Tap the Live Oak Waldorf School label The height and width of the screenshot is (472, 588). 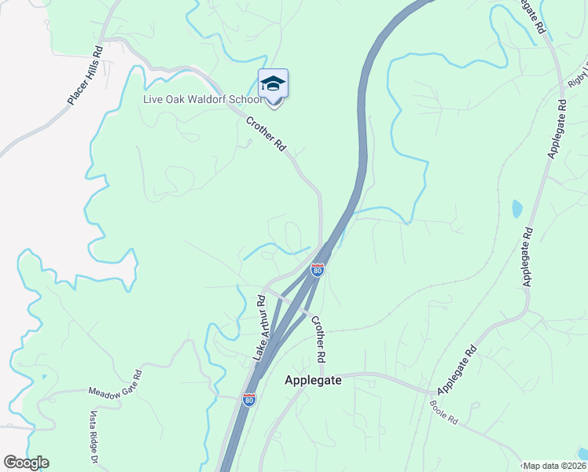click(x=202, y=100)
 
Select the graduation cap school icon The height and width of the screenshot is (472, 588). click(x=273, y=83)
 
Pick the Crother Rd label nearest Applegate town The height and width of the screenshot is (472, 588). click(x=318, y=339)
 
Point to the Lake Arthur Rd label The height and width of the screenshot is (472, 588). click(x=259, y=328)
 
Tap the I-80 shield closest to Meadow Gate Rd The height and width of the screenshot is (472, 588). click(x=249, y=400)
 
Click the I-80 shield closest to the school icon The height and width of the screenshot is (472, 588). click(x=317, y=270)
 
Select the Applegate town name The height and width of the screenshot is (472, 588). click(x=312, y=380)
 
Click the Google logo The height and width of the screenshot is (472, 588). click(x=27, y=462)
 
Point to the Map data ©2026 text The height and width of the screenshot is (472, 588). click(x=554, y=466)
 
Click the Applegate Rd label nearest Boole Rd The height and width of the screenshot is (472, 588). click(x=457, y=370)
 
